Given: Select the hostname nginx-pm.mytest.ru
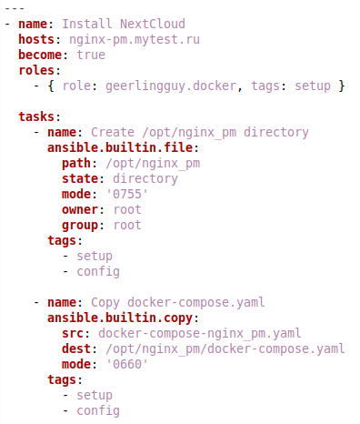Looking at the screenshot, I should click(135, 39).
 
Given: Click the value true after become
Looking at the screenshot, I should click(91, 55).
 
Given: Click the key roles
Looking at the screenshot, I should click(37, 70).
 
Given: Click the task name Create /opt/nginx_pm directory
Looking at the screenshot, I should click(199, 132).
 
